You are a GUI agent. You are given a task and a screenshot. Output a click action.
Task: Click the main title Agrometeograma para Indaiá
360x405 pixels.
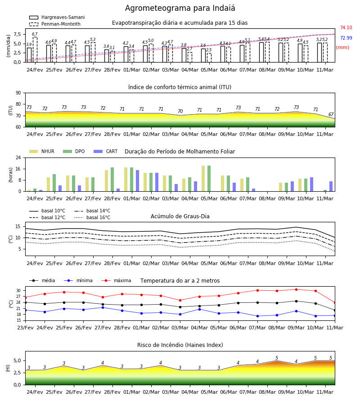point(180,8)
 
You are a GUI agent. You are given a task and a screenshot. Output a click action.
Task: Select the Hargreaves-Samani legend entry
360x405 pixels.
point(57,17)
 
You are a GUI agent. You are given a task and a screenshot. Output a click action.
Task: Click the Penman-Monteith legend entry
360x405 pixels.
point(55,24)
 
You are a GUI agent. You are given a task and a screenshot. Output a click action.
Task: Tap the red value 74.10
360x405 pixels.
point(346,27)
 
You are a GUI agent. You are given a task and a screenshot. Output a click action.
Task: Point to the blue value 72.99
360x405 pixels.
point(346,38)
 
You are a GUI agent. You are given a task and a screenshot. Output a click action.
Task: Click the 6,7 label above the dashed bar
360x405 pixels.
point(35,34)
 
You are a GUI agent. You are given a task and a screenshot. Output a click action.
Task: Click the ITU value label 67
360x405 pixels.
point(331,114)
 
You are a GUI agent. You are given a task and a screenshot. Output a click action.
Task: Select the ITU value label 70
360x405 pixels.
point(180,111)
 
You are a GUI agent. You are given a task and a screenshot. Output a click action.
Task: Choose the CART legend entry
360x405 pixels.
point(105,151)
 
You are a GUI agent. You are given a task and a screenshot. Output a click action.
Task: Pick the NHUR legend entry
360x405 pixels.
point(41,151)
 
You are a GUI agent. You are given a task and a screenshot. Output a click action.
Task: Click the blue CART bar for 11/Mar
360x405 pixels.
point(331,186)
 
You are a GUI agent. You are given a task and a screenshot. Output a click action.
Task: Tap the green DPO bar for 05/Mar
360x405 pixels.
point(209,179)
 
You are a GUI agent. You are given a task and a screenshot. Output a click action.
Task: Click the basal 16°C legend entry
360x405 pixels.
point(92,217)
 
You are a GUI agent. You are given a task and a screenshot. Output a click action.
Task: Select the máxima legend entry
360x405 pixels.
point(116,280)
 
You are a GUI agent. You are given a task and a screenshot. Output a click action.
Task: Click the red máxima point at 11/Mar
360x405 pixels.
point(335,303)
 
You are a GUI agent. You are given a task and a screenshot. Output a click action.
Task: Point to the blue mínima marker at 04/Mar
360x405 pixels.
point(199,309)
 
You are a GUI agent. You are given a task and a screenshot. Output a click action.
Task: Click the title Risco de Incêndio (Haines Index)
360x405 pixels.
point(180,345)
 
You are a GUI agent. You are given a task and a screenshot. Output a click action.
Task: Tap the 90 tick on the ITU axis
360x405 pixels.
point(18,93)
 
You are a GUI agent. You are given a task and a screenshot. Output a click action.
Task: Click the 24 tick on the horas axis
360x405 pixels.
point(18,157)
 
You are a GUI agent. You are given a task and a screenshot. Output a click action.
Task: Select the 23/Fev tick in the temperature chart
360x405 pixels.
point(25,328)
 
